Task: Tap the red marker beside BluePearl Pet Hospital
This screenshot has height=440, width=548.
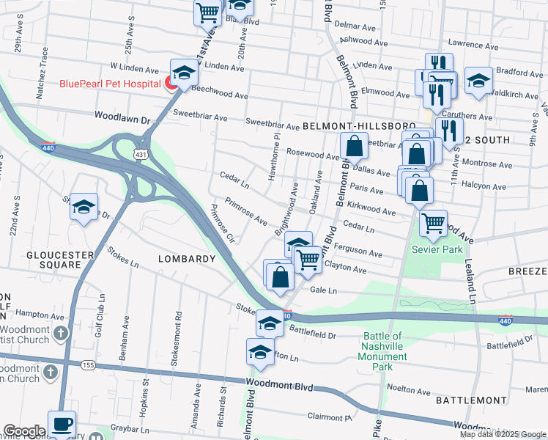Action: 171,84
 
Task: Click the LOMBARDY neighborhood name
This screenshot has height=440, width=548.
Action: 187,259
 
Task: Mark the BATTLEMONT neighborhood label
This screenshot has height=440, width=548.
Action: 470,400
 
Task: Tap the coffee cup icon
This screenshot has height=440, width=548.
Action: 62,425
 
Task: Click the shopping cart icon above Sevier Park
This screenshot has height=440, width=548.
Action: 433,222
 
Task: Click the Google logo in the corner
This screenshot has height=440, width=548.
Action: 24,431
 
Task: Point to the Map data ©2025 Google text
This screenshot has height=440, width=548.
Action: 503,434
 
